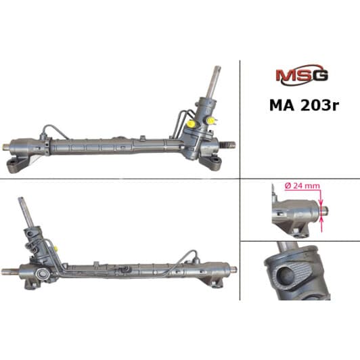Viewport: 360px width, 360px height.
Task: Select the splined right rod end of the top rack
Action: pos(229,143)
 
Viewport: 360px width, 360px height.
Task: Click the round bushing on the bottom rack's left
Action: pos(43,275)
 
